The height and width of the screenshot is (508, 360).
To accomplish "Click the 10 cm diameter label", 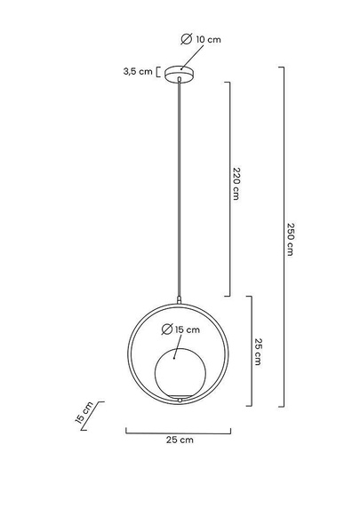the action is click(208, 40).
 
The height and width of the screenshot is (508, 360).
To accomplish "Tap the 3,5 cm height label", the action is click(138, 72).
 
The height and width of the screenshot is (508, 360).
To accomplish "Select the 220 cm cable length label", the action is click(236, 184).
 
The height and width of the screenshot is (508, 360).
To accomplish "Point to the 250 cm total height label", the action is click(291, 239).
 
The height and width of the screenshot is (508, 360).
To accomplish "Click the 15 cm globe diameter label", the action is click(188, 329).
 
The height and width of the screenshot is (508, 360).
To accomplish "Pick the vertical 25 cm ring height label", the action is click(258, 352).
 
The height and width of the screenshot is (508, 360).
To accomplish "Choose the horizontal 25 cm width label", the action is click(180, 440).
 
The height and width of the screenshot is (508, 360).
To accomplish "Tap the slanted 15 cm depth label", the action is click(84, 412).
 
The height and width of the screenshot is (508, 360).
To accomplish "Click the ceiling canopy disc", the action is click(180, 74).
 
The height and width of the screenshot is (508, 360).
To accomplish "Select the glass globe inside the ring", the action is click(180, 373).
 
